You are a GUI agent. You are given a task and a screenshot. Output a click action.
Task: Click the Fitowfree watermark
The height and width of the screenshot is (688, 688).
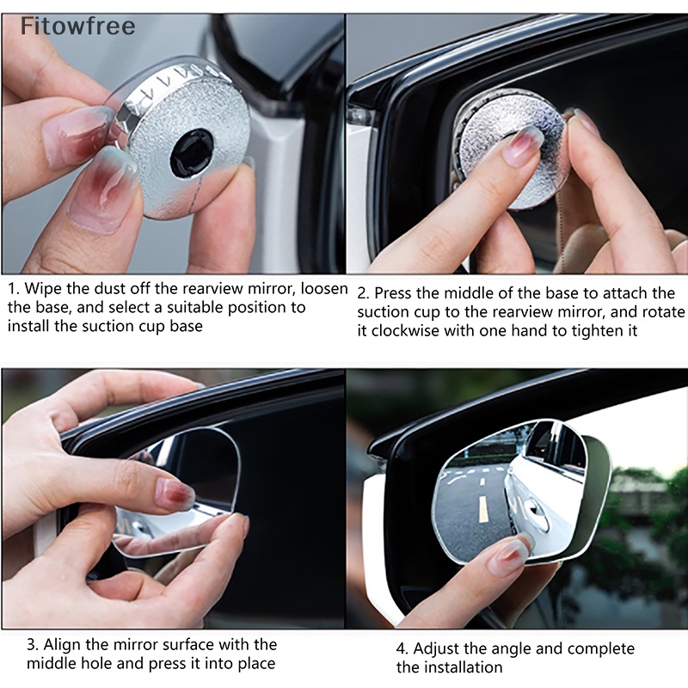point(77,26)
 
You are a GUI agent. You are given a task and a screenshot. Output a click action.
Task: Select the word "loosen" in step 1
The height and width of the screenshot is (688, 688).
point(324,289)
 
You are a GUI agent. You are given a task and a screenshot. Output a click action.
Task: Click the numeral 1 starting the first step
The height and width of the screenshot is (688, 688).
point(12,289)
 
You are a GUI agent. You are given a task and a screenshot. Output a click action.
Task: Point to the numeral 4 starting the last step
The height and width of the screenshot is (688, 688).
point(400,649)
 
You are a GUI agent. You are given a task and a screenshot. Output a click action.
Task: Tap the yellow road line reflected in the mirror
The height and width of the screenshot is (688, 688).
point(482,509)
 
